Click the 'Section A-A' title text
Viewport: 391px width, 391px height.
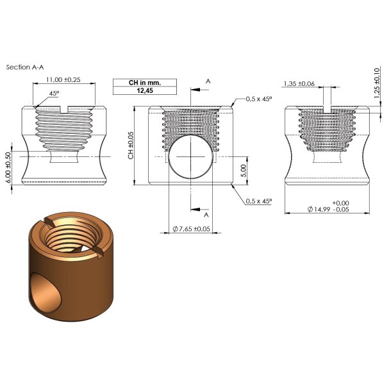pyautogui.click(x=25, y=67)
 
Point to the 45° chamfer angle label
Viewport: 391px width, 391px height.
pyautogui.click(x=53, y=94)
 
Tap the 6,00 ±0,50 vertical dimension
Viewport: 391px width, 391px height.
pyautogui.click(x=8, y=168)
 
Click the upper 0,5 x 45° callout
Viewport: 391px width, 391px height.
pyautogui.click(x=260, y=99)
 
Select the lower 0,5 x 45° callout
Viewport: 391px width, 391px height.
pyautogui.click(x=260, y=201)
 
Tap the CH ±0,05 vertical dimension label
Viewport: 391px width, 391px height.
pyautogui.click(x=131, y=146)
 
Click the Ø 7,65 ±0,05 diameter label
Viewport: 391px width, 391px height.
pyautogui.click(x=191, y=229)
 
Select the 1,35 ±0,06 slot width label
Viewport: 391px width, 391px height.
pyautogui.click(x=299, y=83)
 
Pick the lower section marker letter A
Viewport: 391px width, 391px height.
pyautogui.click(x=205, y=215)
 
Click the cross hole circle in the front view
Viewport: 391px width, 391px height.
pyautogui.click(x=189, y=156)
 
